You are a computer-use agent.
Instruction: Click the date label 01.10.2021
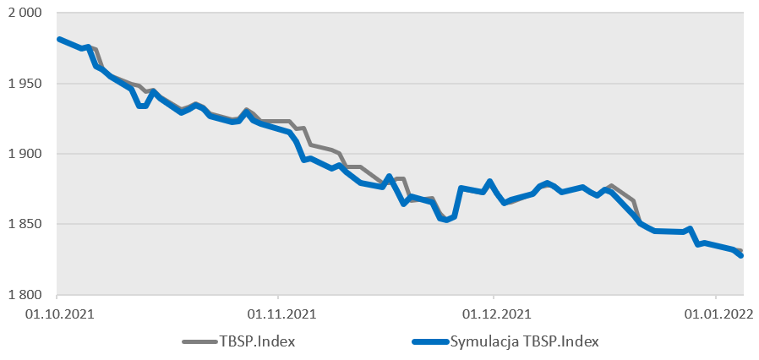57,314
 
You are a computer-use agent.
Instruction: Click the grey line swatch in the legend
199,341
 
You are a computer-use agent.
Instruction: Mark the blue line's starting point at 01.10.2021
57,39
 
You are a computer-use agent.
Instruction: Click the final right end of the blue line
741,255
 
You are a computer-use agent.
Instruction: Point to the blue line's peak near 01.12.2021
490,182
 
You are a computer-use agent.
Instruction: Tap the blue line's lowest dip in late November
446,220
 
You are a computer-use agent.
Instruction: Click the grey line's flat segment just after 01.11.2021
279,122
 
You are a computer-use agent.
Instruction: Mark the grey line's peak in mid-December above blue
612,186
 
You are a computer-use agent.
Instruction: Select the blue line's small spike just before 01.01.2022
690,229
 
